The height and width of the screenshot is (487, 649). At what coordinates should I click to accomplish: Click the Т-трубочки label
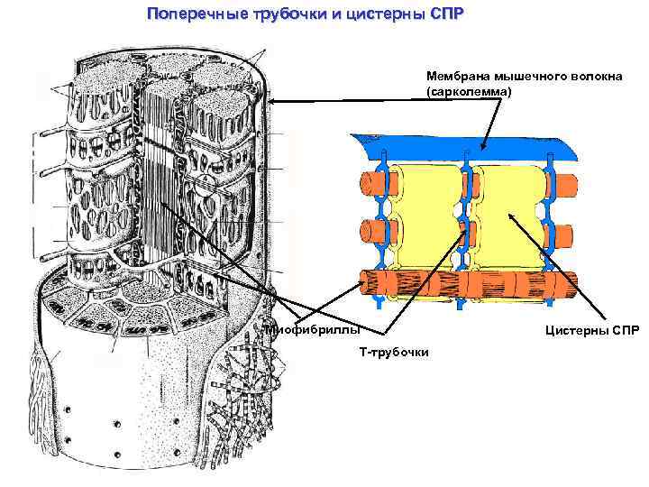tap(394, 351)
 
